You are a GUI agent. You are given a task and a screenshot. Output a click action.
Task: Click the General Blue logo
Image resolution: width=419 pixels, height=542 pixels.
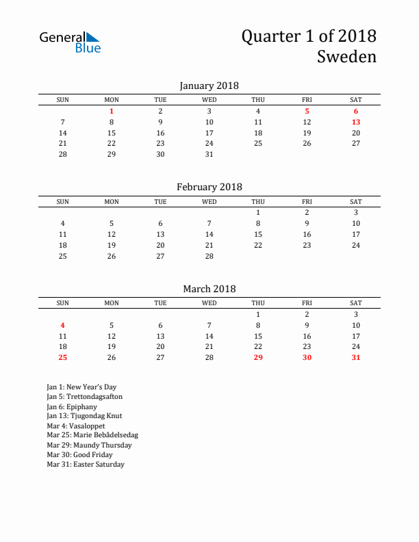pos(70,42)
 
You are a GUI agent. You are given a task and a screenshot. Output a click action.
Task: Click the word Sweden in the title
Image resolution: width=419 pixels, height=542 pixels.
pos(346,57)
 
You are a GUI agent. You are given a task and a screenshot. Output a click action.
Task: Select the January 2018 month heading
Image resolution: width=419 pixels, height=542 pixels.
pos(209,86)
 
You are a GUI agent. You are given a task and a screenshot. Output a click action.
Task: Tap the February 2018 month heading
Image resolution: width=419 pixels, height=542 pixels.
pos(209,187)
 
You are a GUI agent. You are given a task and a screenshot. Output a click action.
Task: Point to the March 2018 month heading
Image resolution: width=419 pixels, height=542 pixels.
pos(209,289)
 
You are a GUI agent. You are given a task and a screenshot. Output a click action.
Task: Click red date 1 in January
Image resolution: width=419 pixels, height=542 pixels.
pos(112,111)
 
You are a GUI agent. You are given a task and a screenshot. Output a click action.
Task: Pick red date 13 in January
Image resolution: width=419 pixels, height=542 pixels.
pos(356,122)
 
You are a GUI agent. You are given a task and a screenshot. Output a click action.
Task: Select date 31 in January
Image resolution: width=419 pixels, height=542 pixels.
pos(209,154)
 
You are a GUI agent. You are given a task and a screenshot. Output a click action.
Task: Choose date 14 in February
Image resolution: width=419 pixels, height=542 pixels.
pos(209,234)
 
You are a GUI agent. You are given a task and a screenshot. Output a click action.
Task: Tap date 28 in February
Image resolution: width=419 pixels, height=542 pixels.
pos(209,256)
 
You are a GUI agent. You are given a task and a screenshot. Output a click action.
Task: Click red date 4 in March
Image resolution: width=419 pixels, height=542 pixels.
pos(63,325)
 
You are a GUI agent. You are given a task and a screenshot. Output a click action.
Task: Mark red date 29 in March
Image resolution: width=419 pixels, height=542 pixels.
pos(258,357)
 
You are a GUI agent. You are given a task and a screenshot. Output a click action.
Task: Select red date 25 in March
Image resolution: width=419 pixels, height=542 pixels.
pos(63,357)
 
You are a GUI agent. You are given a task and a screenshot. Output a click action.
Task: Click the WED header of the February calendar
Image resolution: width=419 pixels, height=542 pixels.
pos(209,202)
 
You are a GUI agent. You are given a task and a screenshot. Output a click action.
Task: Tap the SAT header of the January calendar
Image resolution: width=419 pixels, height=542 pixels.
pos(356,100)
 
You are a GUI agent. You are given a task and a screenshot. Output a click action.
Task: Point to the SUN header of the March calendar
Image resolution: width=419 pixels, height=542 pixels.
pos(63,303)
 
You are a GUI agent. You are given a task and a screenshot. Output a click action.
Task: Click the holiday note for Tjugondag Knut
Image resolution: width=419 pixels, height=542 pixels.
pos(84,415)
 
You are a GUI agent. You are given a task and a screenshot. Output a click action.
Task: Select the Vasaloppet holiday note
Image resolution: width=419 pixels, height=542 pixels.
pos(76,426)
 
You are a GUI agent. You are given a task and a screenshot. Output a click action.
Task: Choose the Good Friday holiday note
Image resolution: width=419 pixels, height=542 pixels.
pos(79,454)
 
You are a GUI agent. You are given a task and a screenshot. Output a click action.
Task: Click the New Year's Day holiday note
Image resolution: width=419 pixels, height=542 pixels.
pos(81,387)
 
